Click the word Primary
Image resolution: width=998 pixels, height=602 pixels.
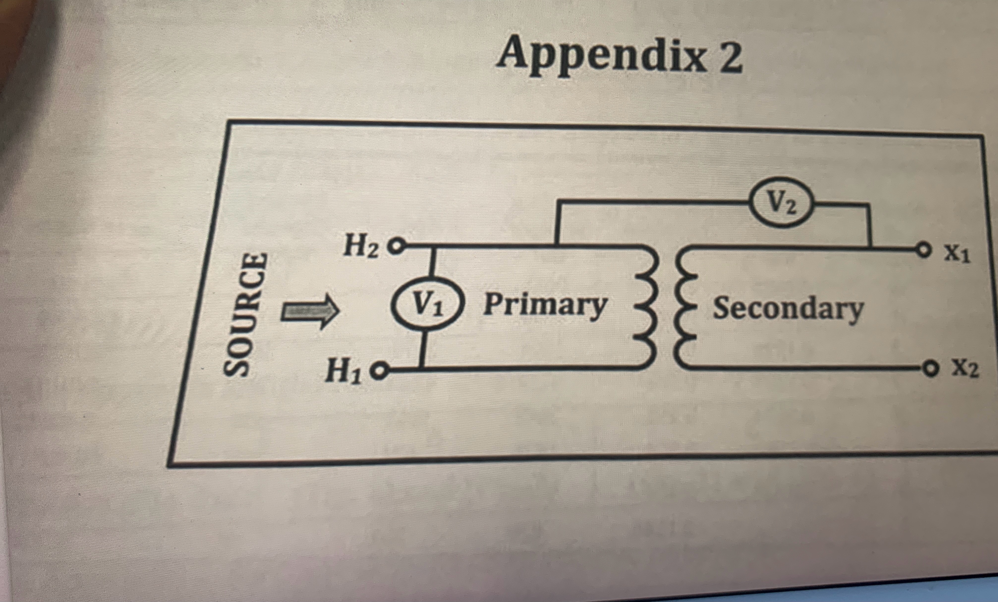click(545, 306)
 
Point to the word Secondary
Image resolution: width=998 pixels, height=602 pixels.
click(788, 310)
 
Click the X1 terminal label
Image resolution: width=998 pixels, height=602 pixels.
click(958, 255)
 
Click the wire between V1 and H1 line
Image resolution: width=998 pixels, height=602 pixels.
click(422, 350)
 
